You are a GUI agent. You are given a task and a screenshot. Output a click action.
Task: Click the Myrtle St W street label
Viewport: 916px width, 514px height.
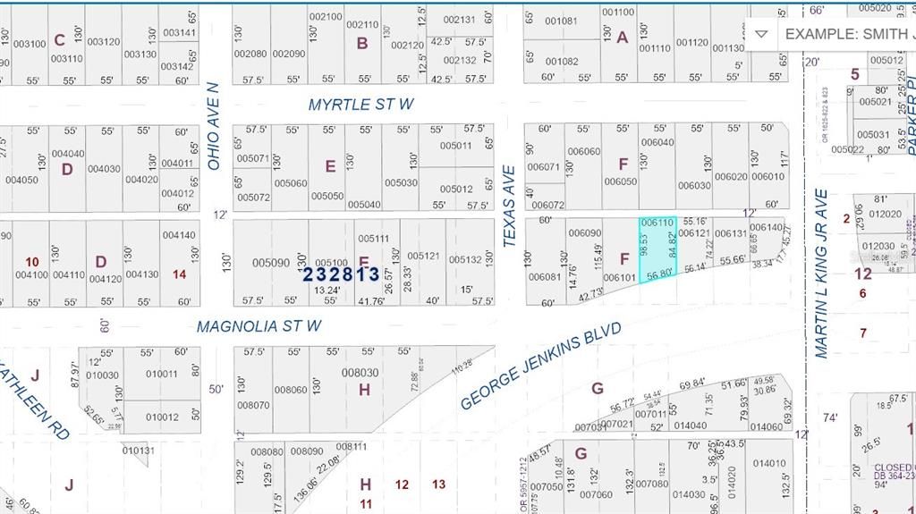click(360, 105)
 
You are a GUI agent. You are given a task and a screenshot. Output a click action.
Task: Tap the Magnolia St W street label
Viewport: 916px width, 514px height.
click(259, 326)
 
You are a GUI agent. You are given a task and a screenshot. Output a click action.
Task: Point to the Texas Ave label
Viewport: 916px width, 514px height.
click(509, 206)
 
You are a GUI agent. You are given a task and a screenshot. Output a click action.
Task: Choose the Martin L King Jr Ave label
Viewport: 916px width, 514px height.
click(821, 274)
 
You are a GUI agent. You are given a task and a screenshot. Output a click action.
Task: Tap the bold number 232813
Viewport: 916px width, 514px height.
click(341, 274)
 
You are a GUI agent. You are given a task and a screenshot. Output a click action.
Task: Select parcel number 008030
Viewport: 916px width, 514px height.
click(360, 373)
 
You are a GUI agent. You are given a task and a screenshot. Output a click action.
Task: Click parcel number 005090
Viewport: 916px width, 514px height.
click(270, 263)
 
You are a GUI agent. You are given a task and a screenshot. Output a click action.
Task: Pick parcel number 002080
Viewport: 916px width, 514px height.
click(250, 54)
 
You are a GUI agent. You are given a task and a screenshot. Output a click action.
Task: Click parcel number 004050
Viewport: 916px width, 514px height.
click(21, 180)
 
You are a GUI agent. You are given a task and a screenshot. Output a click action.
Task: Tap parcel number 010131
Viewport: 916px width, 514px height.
click(139, 451)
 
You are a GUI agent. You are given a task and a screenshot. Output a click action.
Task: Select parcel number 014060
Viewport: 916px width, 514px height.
click(767, 426)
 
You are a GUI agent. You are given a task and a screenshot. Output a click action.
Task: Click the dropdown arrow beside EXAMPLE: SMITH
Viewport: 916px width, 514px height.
click(760, 35)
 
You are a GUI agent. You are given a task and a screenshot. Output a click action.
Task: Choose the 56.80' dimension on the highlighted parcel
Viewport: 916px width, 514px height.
click(658, 274)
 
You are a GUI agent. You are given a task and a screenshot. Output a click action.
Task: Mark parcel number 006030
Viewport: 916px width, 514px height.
click(693, 186)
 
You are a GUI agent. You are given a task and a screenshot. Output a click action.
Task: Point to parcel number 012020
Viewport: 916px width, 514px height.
click(886, 215)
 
